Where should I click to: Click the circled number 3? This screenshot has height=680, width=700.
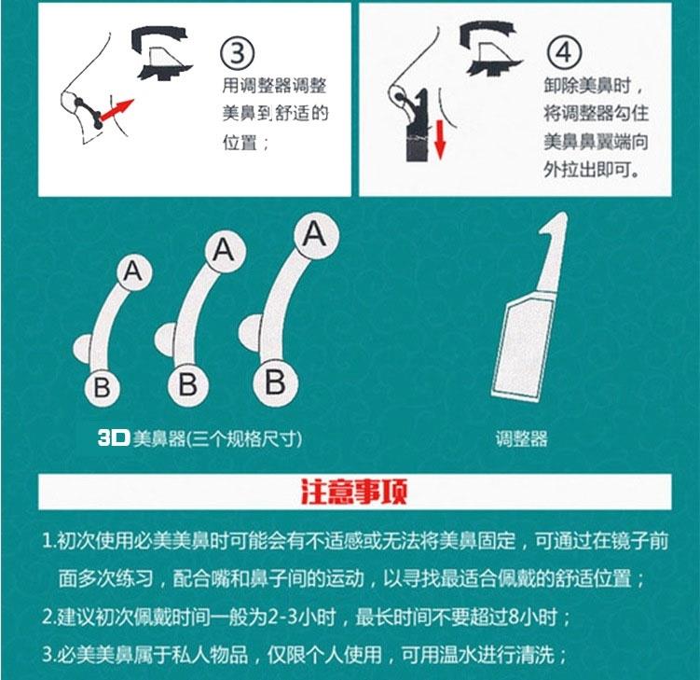coord(238,53)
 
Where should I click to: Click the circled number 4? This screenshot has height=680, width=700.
coord(564,53)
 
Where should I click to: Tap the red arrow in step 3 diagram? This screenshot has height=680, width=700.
coord(117,110)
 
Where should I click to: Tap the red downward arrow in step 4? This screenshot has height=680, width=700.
coord(440,138)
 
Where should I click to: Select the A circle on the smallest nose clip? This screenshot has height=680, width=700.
coord(134,271)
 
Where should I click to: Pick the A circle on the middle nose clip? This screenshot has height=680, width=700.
coord(225,251)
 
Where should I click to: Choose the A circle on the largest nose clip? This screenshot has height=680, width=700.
coord(316,235)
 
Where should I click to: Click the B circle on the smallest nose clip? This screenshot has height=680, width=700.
coord(103,387)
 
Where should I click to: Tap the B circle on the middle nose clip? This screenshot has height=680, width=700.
coord(188,383)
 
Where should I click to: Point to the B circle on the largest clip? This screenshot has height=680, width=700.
coord(275,382)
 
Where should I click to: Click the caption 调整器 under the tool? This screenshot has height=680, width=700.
coord(521,438)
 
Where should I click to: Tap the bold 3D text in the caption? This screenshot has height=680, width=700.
coord(114,438)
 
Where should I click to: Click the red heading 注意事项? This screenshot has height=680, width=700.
coord(354,492)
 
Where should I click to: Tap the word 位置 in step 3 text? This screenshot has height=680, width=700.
coord(240,142)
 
